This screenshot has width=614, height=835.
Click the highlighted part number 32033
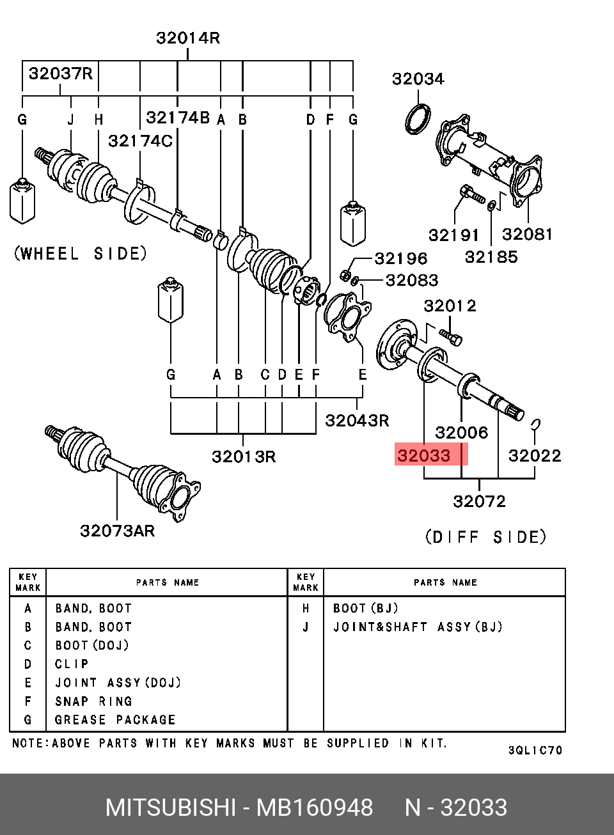click(x=424, y=455)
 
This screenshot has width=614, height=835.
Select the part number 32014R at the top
click(x=188, y=38)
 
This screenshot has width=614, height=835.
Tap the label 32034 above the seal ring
click(x=418, y=79)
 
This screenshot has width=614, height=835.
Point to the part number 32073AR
click(x=117, y=531)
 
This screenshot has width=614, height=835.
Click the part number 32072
click(x=480, y=501)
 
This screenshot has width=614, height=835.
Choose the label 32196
click(x=401, y=258)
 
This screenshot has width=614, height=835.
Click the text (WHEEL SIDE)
click(x=81, y=253)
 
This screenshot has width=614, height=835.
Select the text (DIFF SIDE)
click(x=485, y=537)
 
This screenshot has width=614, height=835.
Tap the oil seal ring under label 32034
click(x=418, y=120)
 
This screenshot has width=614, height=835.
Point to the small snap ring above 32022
click(x=535, y=424)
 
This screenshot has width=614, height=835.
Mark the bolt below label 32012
click(x=451, y=337)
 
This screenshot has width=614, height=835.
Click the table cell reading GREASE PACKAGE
click(x=115, y=720)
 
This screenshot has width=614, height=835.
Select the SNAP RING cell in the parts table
click(x=93, y=701)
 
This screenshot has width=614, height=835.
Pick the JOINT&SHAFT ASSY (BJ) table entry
click(x=418, y=627)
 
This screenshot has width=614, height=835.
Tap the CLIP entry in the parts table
click(x=72, y=664)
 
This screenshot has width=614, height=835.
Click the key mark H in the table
click(x=306, y=609)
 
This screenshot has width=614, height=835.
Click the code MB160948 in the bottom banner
click(x=314, y=808)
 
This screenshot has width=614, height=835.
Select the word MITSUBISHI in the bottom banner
click(x=170, y=808)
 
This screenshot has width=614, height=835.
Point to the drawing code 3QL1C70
click(x=535, y=750)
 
